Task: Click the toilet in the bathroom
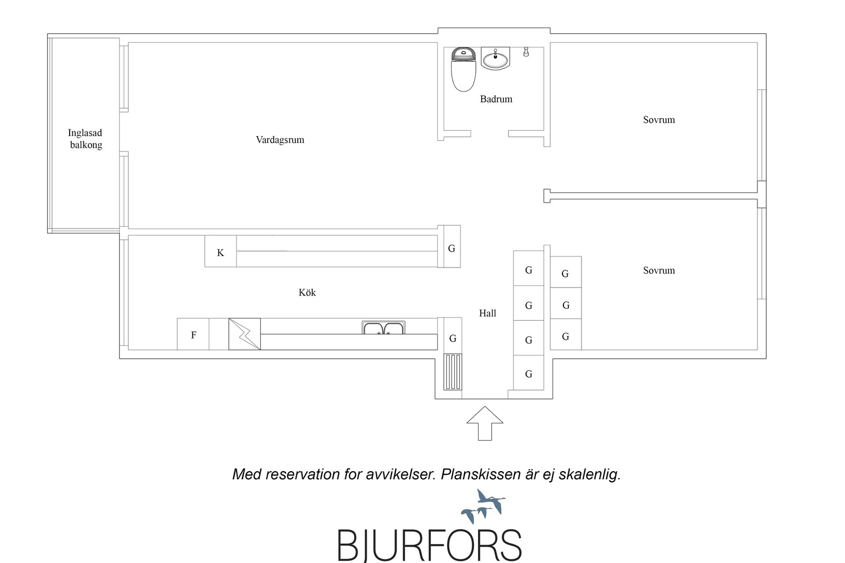pos(463,69)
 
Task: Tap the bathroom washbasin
pos(495,59)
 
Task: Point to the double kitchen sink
pos(383,328)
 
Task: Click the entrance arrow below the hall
pos(485,423)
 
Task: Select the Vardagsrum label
pos(280,140)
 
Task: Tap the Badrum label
pos(496,99)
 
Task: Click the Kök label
pos(307,292)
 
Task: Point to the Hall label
pos(487,313)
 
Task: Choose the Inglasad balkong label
pos(85,139)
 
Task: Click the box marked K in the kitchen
pos(221,251)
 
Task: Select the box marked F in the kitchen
pos(193,334)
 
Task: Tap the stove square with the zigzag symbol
pos(245,334)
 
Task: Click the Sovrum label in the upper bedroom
pos(659,120)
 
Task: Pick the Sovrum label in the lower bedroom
pos(659,271)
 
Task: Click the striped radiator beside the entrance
pos(452,372)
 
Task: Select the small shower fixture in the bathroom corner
pos(526,52)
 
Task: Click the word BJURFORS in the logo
pos(429,546)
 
